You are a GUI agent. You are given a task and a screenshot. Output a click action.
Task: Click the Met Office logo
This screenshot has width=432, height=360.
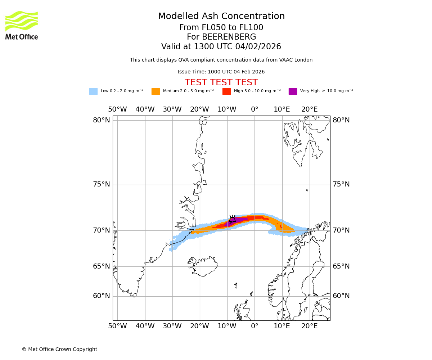22,25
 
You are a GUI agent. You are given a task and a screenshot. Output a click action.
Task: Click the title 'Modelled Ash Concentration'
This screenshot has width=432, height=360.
221,17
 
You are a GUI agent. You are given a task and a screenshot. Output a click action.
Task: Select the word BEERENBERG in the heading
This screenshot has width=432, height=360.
229,37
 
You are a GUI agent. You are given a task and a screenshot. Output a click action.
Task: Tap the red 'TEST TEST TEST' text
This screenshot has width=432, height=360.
221,83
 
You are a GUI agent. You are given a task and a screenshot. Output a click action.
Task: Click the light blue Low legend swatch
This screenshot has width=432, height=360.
93,91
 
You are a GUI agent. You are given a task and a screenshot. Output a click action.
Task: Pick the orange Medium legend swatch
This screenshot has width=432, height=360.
156,91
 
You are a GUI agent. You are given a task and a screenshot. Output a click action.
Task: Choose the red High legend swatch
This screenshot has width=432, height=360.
226,91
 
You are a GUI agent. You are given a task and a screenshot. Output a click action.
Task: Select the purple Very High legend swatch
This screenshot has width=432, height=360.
293,91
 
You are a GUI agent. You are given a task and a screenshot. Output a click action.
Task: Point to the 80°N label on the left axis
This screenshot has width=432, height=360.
102,120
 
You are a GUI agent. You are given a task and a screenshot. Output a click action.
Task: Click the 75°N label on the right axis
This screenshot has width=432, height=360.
341,184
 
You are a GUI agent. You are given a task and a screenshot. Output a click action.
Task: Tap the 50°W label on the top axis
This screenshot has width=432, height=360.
117,109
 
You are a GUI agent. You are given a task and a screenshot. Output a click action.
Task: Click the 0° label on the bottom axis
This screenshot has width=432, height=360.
255,326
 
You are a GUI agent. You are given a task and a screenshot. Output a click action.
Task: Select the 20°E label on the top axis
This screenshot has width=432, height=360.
310,109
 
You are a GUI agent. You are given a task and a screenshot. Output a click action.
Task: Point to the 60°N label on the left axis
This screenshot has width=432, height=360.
102,296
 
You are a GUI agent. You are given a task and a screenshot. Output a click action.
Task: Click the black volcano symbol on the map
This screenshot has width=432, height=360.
232,219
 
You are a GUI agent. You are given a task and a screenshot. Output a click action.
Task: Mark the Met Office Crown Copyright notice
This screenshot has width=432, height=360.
59,349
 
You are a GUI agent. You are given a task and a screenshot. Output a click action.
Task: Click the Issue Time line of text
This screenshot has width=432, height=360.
221,72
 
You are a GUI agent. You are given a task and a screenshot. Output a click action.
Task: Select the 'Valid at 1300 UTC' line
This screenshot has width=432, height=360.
221,47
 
